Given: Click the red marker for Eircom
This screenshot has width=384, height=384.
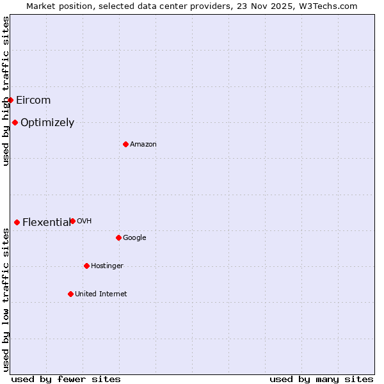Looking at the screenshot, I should click(x=10, y=100).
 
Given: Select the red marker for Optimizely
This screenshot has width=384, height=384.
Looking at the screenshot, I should click(x=15, y=122).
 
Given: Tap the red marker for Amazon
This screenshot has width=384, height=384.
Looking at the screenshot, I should click(x=125, y=144).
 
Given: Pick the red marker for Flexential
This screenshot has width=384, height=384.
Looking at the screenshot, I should click(x=17, y=222).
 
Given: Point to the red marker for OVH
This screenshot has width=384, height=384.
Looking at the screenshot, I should click(x=72, y=221).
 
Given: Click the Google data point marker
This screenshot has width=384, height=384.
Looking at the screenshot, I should click(x=118, y=237).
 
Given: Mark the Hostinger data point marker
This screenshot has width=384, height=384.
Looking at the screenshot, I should click(x=86, y=266).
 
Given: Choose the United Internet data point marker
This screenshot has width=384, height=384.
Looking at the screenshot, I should click(x=70, y=294).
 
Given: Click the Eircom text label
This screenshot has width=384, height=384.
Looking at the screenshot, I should click(x=33, y=100).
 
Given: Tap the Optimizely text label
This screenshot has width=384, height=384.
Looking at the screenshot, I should click(x=47, y=123).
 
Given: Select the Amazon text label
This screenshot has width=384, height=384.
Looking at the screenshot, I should click(x=143, y=145).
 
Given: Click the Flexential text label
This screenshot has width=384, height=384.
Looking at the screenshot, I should click(x=46, y=223).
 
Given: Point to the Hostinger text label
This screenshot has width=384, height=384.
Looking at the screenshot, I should click(x=107, y=266).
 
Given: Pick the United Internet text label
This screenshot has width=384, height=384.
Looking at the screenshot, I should click(x=100, y=294).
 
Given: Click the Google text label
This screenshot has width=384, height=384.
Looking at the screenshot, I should click(x=134, y=238).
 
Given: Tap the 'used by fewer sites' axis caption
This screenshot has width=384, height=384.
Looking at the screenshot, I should click(x=66, y=379).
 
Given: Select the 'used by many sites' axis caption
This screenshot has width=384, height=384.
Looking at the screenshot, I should click(x=321, y=379).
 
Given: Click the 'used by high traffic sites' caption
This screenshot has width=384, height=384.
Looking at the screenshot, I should click(x=6, y=91).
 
